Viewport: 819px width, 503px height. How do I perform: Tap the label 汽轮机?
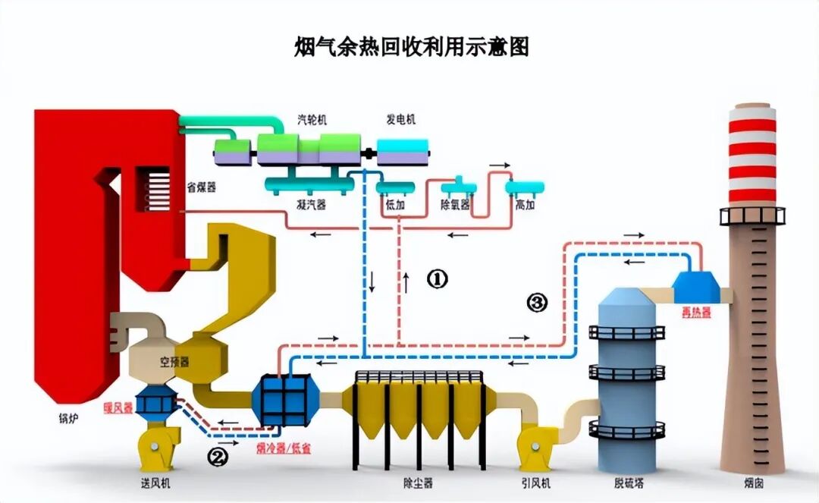coord(312,120)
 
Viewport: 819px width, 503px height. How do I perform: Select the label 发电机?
coord(401,120)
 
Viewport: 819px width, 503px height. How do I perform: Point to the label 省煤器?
coord(201,187)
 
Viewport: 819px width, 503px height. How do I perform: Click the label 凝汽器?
coord(311,205)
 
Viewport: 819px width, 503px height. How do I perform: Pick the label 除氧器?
coord(455,205)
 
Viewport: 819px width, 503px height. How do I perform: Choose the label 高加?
coord(526,205)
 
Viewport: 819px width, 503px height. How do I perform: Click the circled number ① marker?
coord(437,279)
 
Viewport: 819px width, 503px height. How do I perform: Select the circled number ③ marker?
coord(536,303)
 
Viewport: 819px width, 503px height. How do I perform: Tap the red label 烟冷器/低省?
coord(284,448)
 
